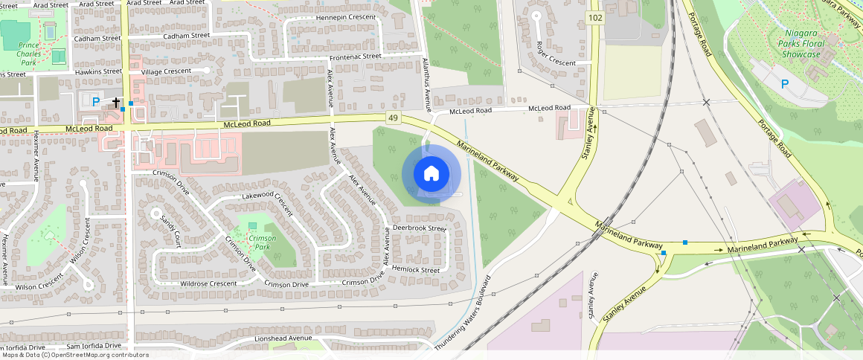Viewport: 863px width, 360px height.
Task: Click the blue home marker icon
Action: coord(431,174)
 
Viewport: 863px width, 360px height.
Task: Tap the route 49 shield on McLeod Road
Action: coord(392,118)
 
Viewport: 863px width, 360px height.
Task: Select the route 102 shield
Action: coord(594,18)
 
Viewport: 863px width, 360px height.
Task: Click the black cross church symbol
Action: coord(116,101)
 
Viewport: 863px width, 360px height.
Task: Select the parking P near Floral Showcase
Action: coord(785,85)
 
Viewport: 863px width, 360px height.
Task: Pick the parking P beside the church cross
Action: coord(95,100)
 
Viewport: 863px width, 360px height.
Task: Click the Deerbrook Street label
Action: coord(419,228)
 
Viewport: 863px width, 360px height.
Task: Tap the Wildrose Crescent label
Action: coord(208,283)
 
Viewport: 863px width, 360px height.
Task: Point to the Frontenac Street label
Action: coord(355,56)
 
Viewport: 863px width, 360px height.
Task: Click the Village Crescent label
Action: coord(166,71)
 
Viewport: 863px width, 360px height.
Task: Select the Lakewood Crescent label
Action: coord(268,199)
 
